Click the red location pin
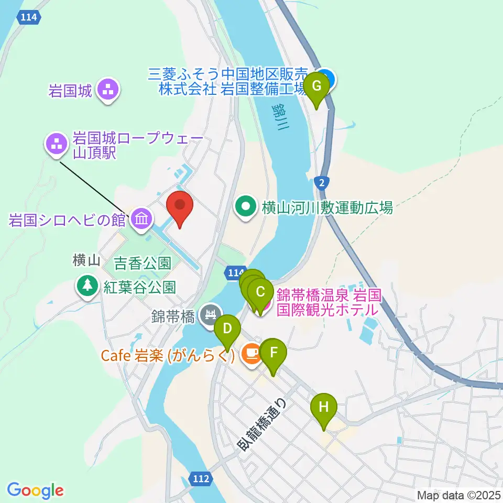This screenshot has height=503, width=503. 180,205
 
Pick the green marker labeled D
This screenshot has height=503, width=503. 227,331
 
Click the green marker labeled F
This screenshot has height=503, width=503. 273,354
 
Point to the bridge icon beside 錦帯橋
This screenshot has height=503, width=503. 211,315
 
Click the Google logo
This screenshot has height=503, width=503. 35,491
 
